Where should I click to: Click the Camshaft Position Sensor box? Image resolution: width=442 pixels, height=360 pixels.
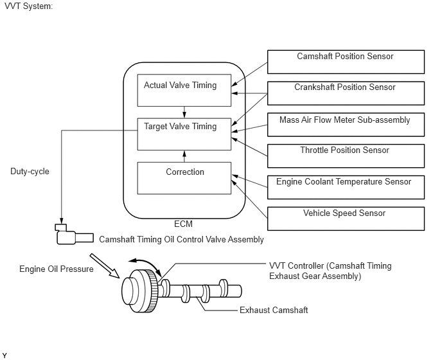[346, 62]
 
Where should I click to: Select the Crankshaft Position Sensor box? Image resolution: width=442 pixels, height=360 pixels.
[346, 93]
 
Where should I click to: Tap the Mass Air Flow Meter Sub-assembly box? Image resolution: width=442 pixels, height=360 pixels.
[346, 125]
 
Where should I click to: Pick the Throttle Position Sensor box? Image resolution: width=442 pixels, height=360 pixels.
[346, 156]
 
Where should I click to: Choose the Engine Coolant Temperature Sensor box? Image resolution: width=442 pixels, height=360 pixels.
[346, 187]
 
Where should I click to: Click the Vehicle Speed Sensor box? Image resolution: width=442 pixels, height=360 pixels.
[346, 219]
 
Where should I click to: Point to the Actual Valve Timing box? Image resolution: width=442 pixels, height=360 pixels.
[184, 90]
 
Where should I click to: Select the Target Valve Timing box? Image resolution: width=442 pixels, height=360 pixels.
[184, 134]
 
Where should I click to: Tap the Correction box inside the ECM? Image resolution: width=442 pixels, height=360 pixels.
[184, 178]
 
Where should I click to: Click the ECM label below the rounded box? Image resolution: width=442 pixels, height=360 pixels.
[183, 224]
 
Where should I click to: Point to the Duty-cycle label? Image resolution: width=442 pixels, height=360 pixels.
[30, 171]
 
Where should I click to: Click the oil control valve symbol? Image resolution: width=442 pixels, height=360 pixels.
[75, 235]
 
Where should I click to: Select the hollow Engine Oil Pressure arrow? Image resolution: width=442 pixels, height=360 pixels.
[105, 265]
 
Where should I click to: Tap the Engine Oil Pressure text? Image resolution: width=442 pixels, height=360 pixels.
[57, 269]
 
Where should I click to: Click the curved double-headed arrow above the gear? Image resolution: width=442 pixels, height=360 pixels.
[147, 264]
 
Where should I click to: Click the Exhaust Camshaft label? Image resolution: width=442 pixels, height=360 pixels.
[274, 310]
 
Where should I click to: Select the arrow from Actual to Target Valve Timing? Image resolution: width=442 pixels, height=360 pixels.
[184, 113]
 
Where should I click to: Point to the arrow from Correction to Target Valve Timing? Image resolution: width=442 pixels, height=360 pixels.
[184, 156]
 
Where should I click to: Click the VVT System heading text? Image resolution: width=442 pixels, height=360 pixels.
[29, 6]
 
